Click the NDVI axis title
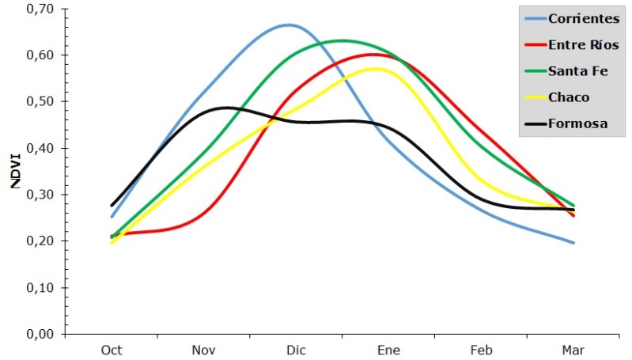pos(15,170)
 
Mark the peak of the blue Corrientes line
pos(289,25)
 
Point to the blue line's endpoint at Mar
pos(573,243)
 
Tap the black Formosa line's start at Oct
pos(112,206)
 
